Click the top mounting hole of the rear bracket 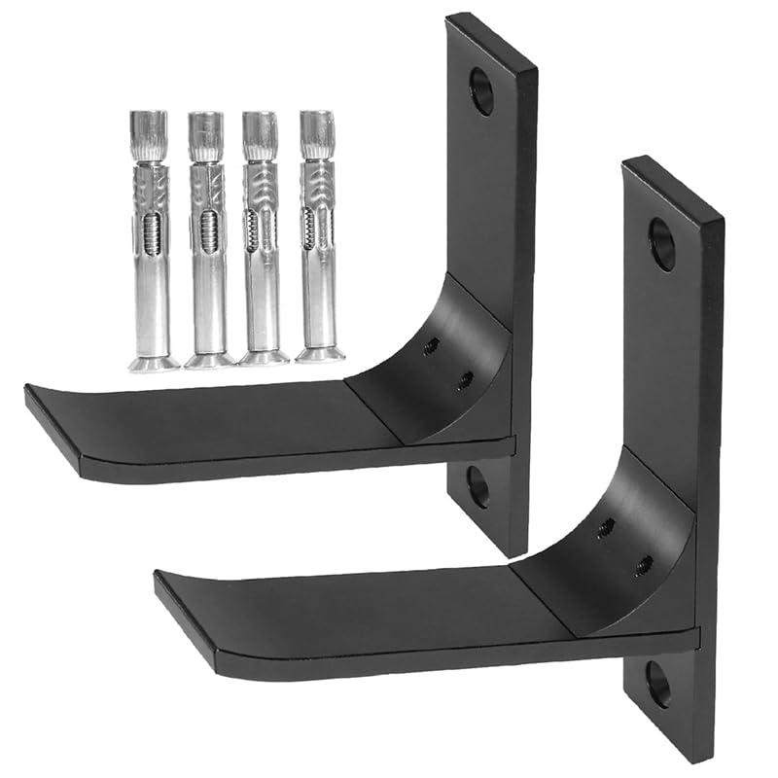pos(482,90)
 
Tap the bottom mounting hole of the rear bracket pos(477,486)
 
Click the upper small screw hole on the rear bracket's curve pos(433,345)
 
